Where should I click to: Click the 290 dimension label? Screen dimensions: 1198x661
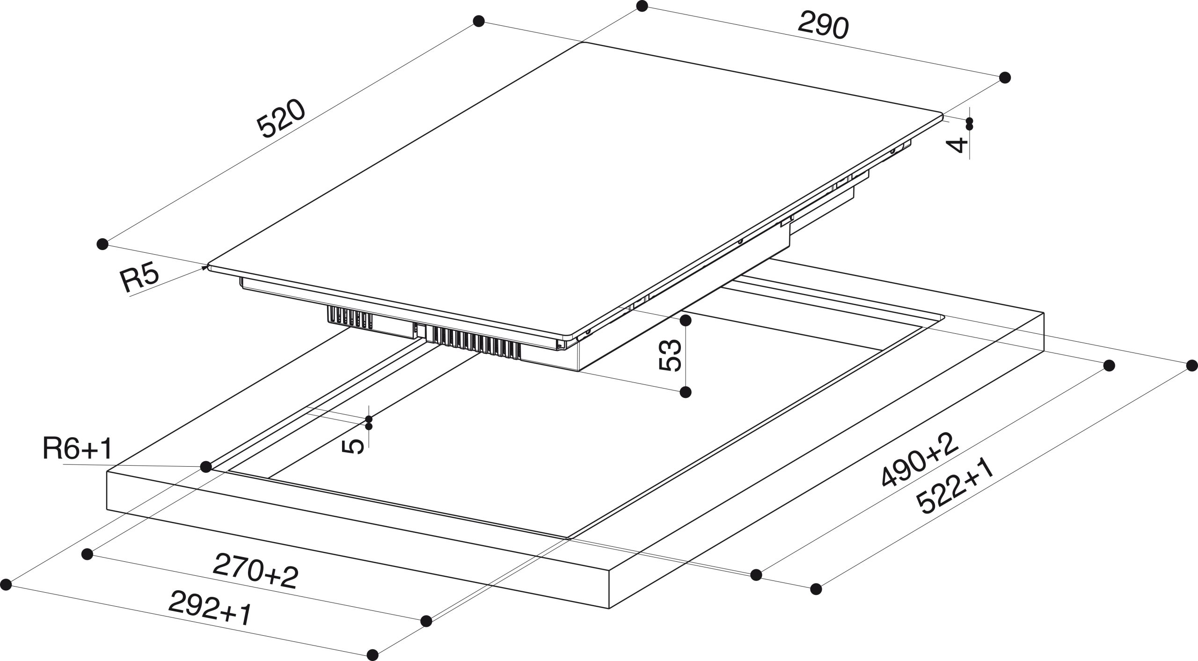coord(823,25)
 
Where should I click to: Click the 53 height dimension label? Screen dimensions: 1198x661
coord(670,355)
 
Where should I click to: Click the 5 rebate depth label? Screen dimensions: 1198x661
coord(353,446)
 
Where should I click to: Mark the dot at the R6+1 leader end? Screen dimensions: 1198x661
coord(205,466)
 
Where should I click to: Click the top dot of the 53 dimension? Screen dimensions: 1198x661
coord(686,321)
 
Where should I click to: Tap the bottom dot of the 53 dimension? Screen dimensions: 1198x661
coord(686,392)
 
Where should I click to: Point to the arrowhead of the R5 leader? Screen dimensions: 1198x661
coord(205,268)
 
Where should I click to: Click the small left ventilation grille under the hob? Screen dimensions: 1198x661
coord(349,317)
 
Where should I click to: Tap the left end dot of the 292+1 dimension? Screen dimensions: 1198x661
coord(6,584)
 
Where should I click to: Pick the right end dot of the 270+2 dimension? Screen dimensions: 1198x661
coord(426,621)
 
